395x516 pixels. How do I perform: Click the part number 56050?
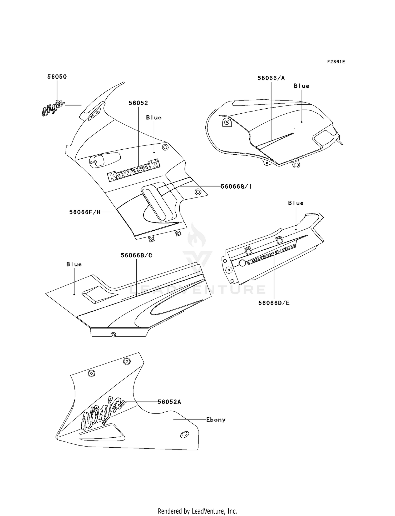click(x=57, y=77)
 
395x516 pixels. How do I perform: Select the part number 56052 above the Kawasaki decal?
click(x=138, y=103)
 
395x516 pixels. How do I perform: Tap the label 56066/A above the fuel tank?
click(x=271, y=78)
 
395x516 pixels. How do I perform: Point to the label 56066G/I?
click(x=236, y=186)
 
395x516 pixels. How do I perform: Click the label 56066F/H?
click(x=85, y=212)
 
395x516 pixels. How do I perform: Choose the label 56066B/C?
click(x=136, y=255)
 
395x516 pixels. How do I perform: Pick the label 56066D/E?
click(x=274, y=303)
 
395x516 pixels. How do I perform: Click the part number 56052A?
click(x=169, y=402)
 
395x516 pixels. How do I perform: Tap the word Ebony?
click(x=216, y=420)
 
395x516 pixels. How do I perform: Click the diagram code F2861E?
click(x=336, y=62)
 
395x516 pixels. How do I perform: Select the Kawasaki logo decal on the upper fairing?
click(x=134, y=170)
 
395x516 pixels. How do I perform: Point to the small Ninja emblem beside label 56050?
click(x=53, y=108)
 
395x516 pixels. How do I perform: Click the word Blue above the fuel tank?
click(x=302, y=86)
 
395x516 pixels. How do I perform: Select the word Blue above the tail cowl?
click(x=296, y=203)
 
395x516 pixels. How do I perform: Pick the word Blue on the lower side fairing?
click(x=74, y=264)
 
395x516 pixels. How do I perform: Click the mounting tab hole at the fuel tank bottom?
click(x=296, y=165)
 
